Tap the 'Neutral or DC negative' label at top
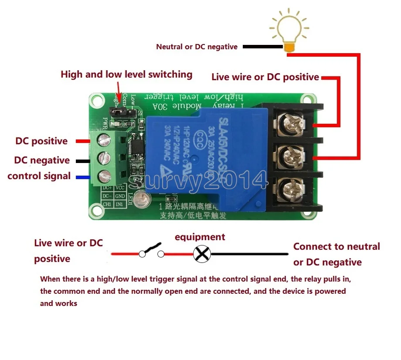click(197, 47)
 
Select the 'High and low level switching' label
click(126, 74)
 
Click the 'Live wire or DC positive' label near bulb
click(265, 77)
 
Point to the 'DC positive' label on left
click(41, 141)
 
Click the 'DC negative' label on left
click(42, 160)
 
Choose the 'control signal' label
click(39, 176)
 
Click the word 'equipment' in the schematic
click(200, 237)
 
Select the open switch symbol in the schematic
click(151, 251)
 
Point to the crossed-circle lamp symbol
click(202, 254)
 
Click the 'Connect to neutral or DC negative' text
click(336, 254)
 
